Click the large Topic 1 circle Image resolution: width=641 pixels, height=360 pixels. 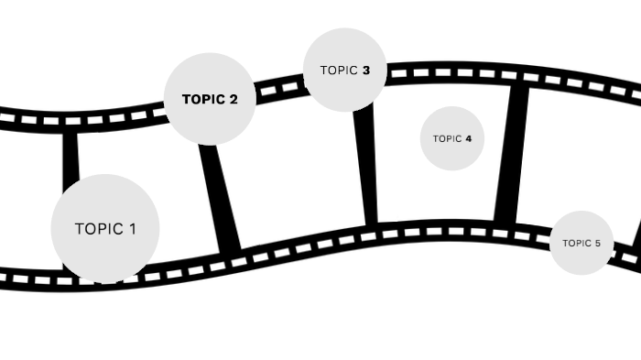coord(104,228)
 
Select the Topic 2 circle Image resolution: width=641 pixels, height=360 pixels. coord(209,99)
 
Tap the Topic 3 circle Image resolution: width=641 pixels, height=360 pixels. coord(344,70)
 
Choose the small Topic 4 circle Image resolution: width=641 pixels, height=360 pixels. coord(452,138)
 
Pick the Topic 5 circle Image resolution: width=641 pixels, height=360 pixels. coord(581,243)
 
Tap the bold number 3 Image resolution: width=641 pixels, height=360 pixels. coord(365,70)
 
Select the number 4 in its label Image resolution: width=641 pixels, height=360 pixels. coord(468,139)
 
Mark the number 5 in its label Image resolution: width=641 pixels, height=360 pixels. coord(597,244)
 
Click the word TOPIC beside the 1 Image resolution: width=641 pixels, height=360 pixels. coord(98,229)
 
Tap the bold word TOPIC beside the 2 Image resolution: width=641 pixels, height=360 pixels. coord(202,100)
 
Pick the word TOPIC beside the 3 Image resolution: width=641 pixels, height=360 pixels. coord(338,70)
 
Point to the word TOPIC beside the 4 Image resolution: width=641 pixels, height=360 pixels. coord(448,139)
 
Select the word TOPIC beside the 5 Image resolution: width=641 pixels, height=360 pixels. coord(577,244)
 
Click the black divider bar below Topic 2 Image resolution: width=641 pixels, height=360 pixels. coord(220,197)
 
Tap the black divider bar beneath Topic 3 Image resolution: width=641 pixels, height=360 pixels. coord(366,165)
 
